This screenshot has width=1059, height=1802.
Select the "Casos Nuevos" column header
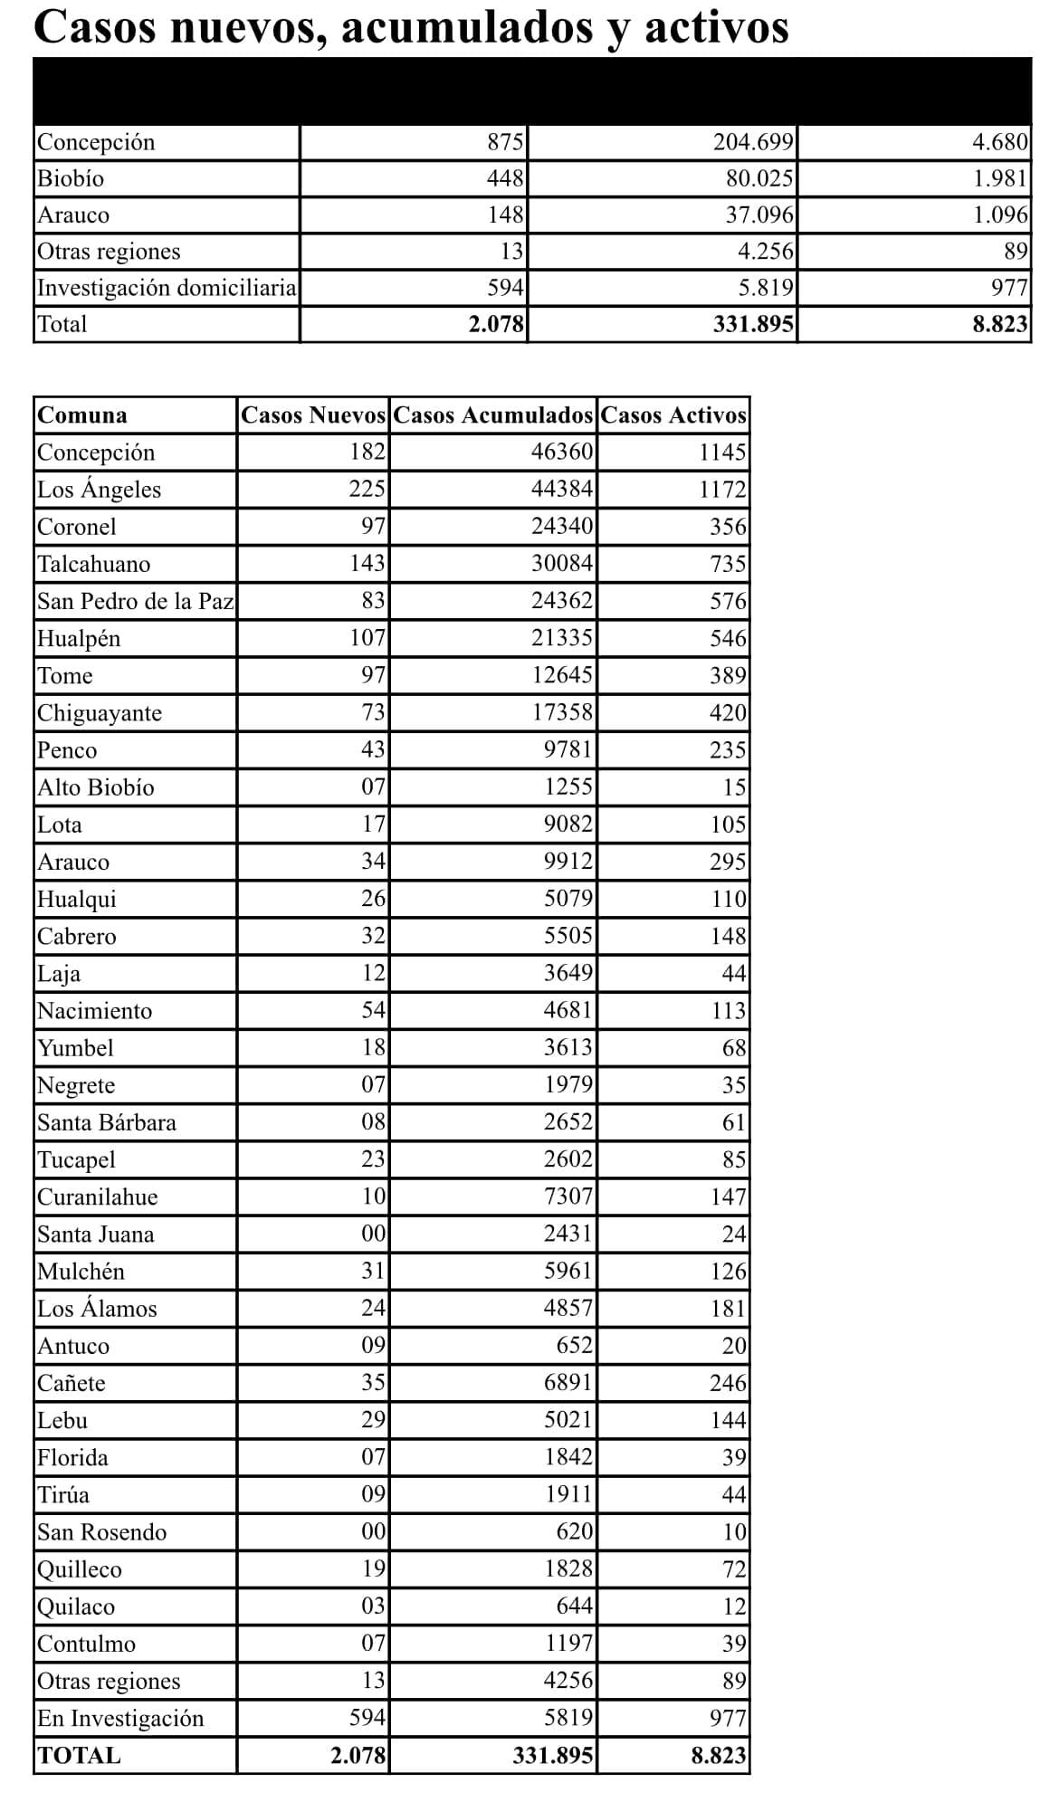(x=313, y=415)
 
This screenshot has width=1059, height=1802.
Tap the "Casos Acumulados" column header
(x=493, y=415)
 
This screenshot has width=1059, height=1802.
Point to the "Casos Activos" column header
(x=673, y=415)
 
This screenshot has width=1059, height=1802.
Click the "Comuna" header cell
(x=82, y=415)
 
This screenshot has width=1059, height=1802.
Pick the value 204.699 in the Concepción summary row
(x=754, y=142)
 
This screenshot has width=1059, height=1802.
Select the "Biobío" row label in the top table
(x=71, y=178)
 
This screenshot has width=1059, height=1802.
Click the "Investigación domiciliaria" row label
(x=167, y=288)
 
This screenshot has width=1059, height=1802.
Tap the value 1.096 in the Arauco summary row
(x=1000, y=215)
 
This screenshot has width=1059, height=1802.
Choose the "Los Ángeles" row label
(x=99, y=490)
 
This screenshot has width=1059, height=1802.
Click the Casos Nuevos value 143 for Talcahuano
(x=367, y=564)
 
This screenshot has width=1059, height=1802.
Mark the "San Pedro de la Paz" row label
(x=136, y=601)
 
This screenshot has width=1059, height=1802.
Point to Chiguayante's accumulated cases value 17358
(x=562, y=712)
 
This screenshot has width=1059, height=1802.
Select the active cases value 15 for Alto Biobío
(x=734, y=787)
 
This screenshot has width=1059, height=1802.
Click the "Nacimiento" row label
(x=94, y=1010)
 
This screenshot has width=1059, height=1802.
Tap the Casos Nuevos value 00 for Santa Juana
(x=374, y=1234)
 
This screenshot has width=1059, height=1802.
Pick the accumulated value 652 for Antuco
(x=574, y=1345)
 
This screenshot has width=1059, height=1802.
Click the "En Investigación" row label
(x=120, y=1718)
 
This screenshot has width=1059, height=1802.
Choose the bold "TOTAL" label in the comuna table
(x=79, y=1756)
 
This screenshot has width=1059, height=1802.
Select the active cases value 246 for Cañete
(x=728, y=1383)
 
